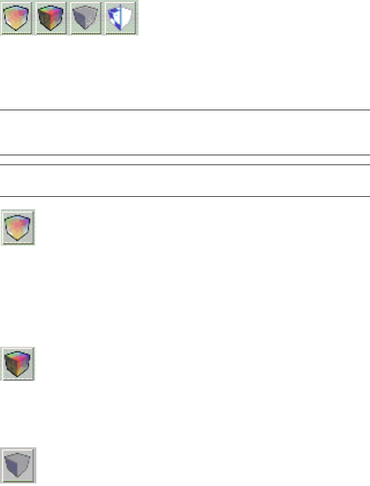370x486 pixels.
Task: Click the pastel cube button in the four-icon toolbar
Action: [18, 18]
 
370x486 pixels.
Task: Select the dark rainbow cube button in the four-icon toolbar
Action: [52, 18]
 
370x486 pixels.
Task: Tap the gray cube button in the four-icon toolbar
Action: [87, 18]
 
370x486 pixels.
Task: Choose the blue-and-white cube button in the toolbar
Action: [121, 18]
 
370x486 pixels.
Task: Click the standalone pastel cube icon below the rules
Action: [18, 227]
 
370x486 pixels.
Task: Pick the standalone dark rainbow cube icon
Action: [18, 364]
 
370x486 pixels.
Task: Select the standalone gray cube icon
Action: [18, 465]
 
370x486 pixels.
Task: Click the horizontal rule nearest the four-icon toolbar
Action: [185, 110]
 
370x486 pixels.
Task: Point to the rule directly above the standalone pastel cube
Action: [185, 197]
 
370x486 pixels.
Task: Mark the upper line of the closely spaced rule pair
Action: [185, 155]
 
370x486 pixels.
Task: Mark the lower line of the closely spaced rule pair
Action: [185, 165]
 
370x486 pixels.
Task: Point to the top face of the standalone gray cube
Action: [19, 457]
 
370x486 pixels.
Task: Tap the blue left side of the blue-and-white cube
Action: [113, 19]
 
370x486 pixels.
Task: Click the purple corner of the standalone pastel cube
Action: [23, 221]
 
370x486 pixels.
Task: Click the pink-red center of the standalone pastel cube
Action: [18, 226]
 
